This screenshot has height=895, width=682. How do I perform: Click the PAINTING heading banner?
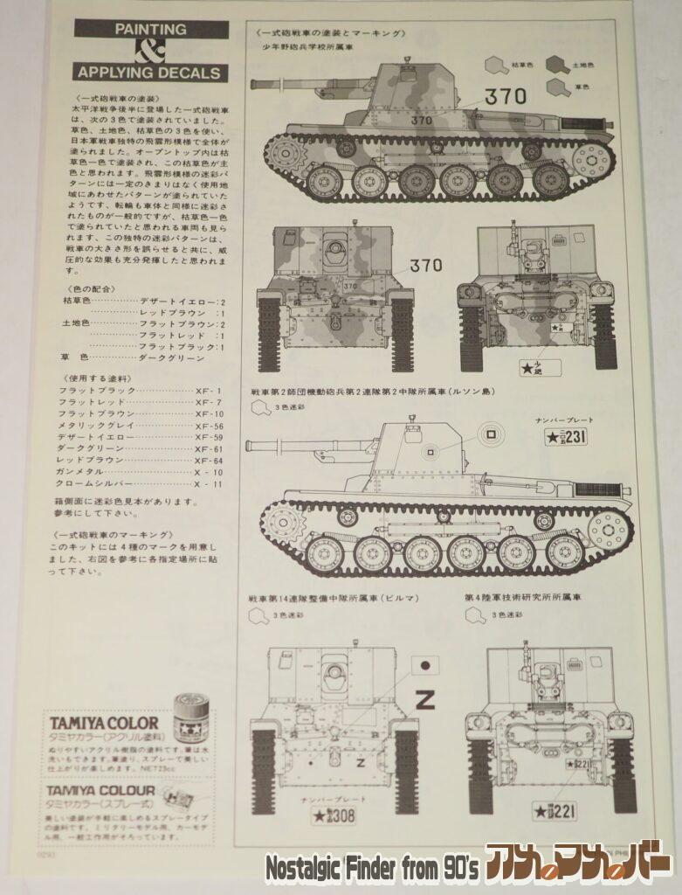(150, 29)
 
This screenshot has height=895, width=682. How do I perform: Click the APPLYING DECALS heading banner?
(150, 73)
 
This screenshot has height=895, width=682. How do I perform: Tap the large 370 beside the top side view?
(506, 98)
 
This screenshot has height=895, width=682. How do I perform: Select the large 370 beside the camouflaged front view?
(425, 264)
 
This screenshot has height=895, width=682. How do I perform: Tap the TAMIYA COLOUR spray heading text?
(102, 791)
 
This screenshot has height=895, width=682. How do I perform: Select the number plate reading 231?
(566, 438)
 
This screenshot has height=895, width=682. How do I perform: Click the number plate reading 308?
(334, 816)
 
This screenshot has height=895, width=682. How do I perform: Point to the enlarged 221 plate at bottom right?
(555, 811)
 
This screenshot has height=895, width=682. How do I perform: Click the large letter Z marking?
(424, 699)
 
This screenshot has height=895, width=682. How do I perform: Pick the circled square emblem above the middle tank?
(490, 433)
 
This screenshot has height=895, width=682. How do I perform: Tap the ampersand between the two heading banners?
(150, 50)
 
